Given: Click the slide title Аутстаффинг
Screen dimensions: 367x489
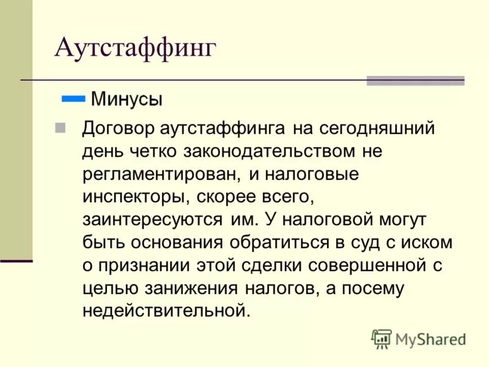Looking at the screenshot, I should [x=135, y=48].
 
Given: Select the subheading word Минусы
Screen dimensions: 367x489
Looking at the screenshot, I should [x=127, y=98].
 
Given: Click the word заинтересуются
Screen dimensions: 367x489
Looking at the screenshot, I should [x=152, y=219].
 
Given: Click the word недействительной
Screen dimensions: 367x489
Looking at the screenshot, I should [x=166, y=310].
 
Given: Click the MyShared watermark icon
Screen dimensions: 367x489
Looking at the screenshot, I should [x=381, y=338].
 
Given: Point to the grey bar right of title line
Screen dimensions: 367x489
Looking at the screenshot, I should [x=415, y=80].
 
